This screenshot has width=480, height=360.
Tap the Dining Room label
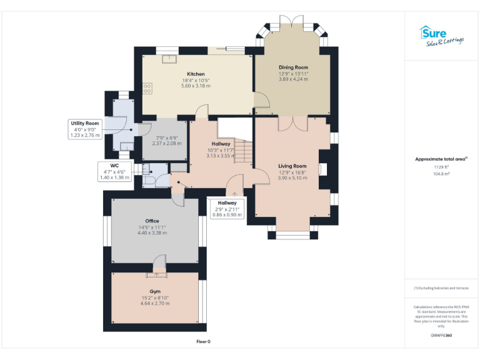pos(293,67)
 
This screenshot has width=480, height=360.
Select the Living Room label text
pos(292,166)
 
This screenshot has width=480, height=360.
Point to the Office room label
pos(152,221)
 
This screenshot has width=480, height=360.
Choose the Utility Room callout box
pos(84,129)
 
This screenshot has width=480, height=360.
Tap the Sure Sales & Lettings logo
pos(442,36)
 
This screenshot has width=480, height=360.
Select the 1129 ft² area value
pos(441,167)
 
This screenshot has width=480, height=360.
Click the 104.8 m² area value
pos(441,174)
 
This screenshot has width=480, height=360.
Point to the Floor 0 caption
pos(204,342)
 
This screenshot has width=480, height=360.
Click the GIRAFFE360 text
pos(441,336)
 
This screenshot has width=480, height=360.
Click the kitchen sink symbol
pos(168,59)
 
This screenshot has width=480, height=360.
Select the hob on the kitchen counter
pos(148,89)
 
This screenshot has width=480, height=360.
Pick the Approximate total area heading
pos(441,159)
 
